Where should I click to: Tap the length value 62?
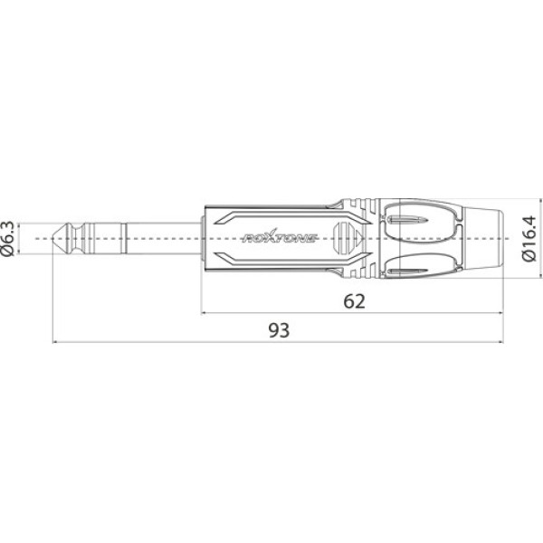(355, 301)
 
